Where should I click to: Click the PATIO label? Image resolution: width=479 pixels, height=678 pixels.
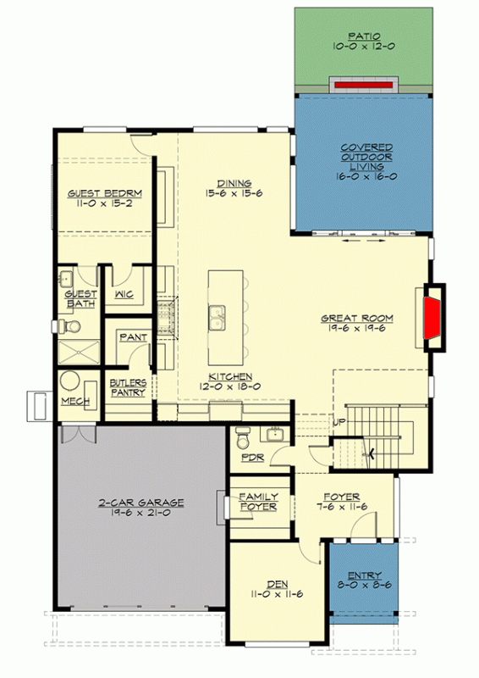click(366, 36)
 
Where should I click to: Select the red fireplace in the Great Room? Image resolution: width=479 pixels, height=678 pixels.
click(433, 317)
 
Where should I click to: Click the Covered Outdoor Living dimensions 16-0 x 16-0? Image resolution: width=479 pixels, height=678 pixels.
click(366, 178)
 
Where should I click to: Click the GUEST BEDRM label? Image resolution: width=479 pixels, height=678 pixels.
click(105, 193)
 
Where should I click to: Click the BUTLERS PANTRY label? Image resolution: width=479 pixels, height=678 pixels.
click(128, 387)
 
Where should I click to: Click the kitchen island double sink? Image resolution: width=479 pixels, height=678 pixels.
click(217, 317)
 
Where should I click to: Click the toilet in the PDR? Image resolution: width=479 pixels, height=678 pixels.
click(244, 440)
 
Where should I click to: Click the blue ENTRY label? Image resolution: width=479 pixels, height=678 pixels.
click(364, 576)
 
